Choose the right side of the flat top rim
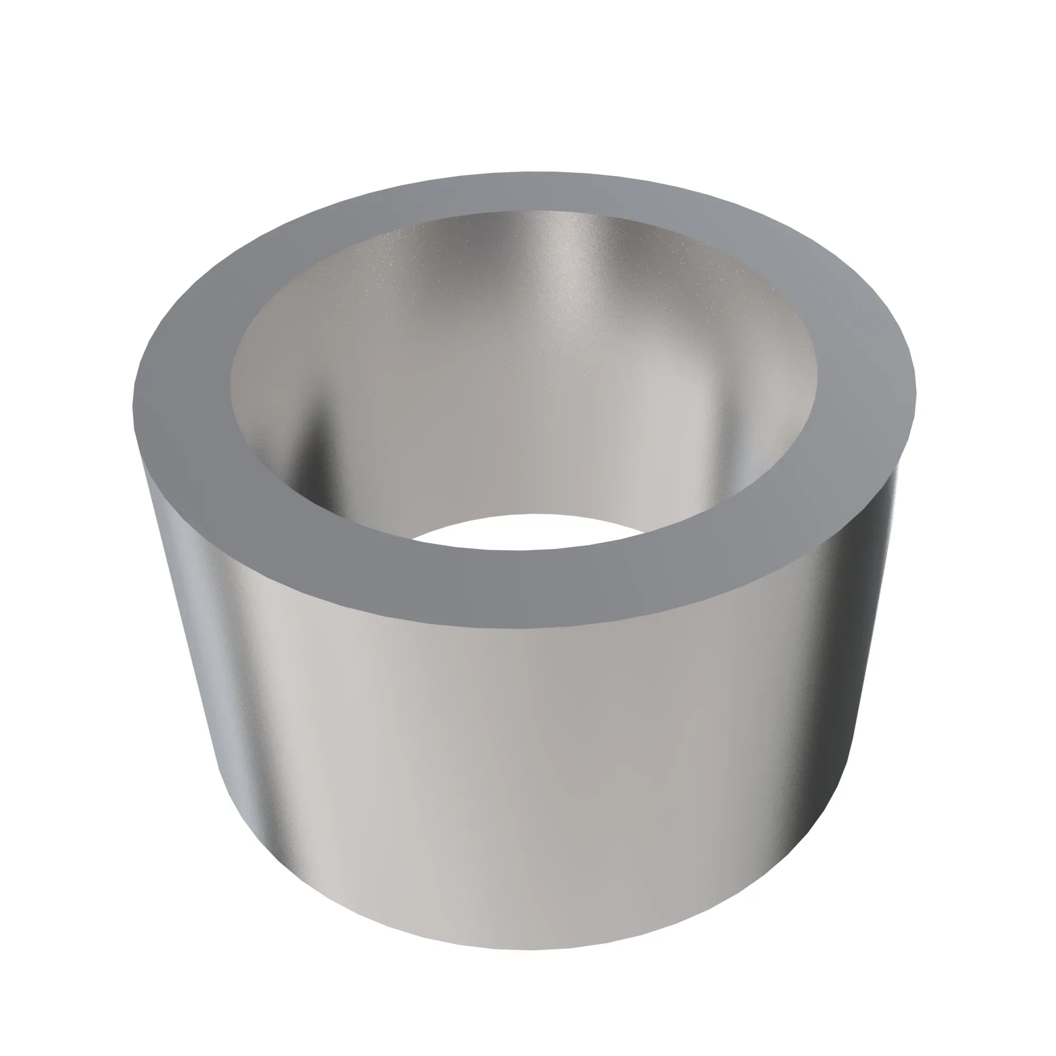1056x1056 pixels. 869,383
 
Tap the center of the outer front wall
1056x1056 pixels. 525,765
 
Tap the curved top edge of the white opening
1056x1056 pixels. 525,515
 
